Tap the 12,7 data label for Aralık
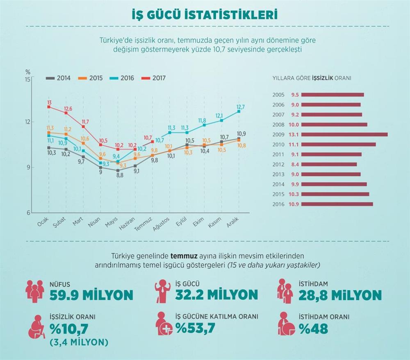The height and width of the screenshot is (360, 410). (241, 107)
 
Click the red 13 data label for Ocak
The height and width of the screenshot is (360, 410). (49, 102)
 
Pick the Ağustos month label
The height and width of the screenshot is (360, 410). (161, 224)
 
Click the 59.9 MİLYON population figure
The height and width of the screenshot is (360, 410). (91, 295)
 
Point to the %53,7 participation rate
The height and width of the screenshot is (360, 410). (195, 328)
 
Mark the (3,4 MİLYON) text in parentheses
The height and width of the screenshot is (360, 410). (78, 342)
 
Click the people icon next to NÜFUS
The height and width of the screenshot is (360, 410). (34, 290)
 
